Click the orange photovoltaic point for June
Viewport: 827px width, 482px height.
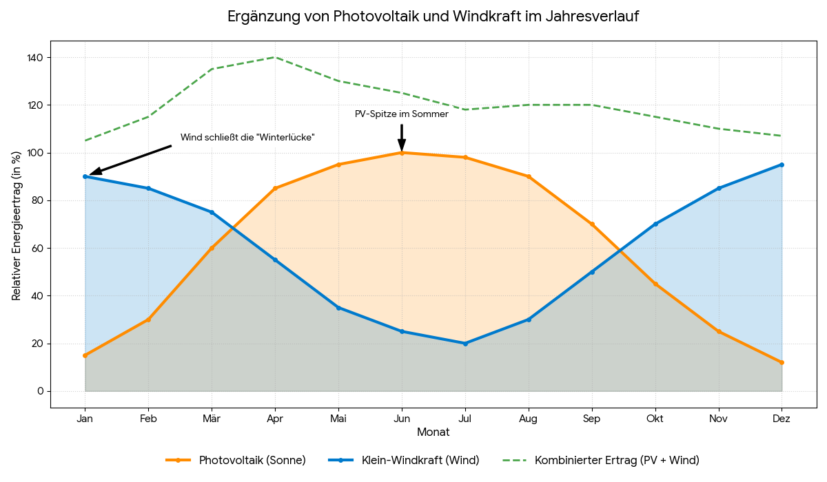click(x=402, y=153)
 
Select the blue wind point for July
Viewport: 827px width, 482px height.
click(x=465, y=343)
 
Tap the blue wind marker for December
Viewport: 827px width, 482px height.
click(x=782, y=165)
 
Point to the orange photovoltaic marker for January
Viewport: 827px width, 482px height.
click(x=85, y=355)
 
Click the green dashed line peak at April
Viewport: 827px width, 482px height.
click(x=275, y=57)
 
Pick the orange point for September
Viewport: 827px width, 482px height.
click(x=592, y=224)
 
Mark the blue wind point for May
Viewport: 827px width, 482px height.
click(x=338, y=308)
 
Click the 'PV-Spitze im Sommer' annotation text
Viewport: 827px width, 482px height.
click(x=401, y=114)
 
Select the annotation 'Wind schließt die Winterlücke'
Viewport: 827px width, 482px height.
click(x=247, y=138)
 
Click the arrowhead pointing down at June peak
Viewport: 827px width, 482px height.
click(x=402, y=145)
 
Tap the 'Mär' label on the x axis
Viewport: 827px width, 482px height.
click(x=212, y=418)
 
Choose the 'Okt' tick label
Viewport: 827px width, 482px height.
click(x=655, y=418)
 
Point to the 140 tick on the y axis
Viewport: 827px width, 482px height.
click(x=35, y=58)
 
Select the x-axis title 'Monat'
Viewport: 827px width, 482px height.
click(x=433, y=432)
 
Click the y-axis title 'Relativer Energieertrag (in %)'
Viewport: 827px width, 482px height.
click(x=17, y=224)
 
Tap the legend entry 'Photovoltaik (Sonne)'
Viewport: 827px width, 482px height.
click(x=252, y=460)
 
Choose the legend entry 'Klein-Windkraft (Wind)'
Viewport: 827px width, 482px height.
click(x=420, y=460)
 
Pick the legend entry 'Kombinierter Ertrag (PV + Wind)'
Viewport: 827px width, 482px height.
click(x=617, y=460)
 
